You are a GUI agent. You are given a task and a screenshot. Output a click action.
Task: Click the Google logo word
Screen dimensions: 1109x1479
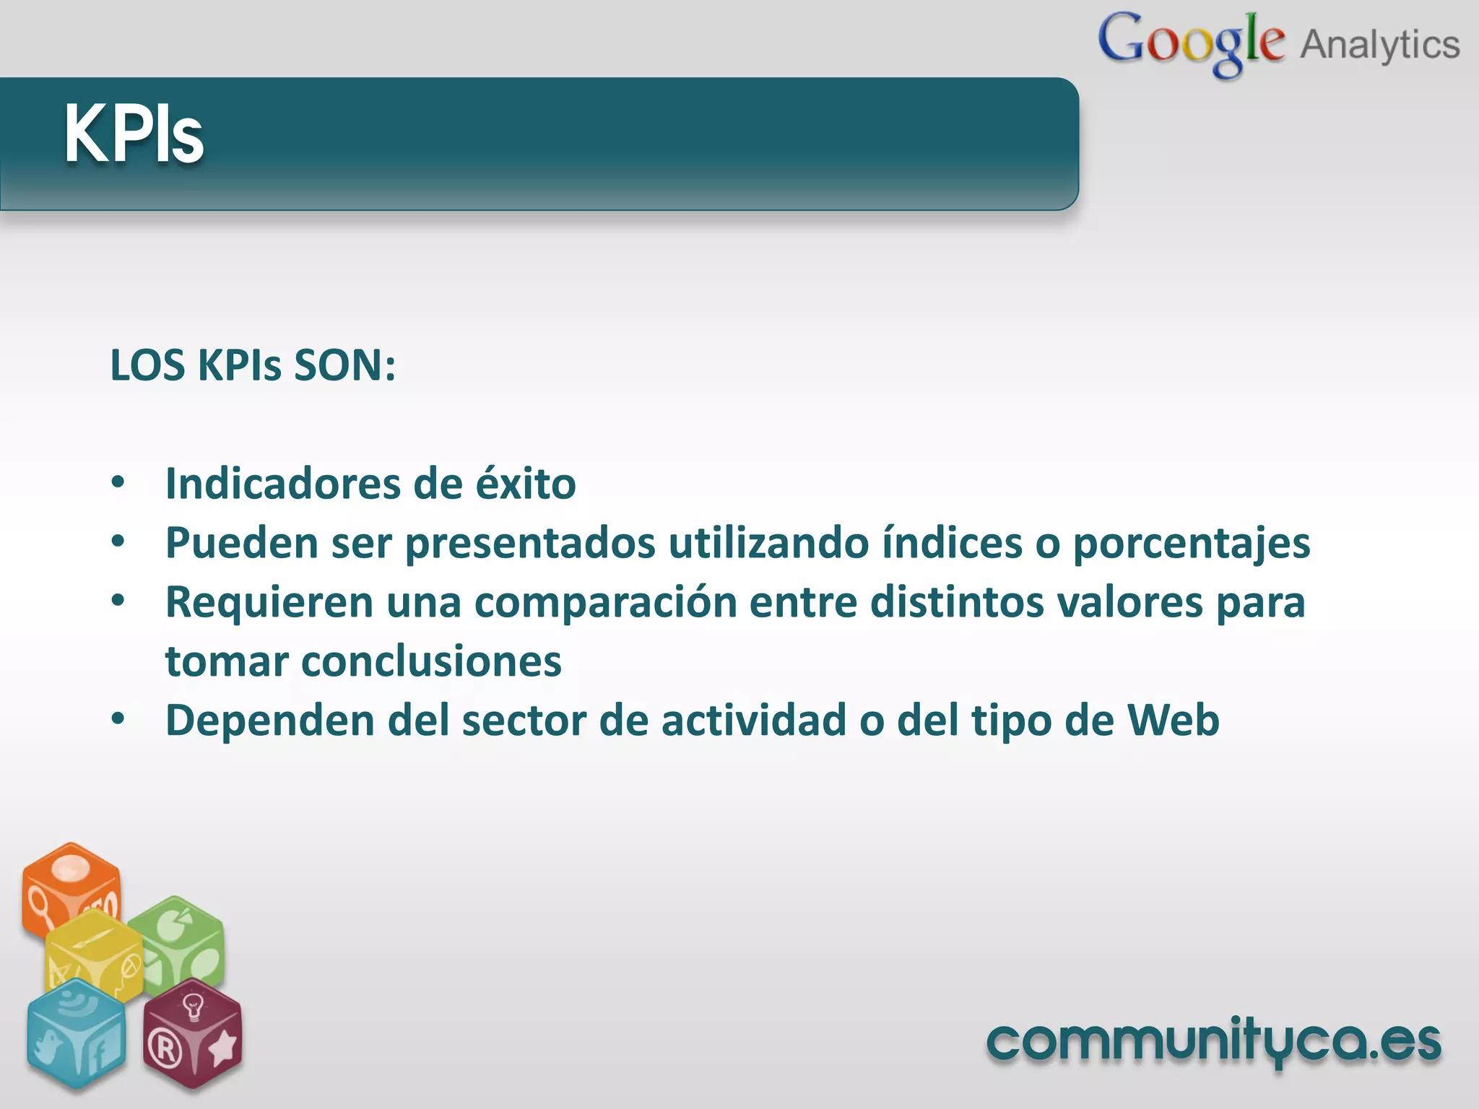1191,42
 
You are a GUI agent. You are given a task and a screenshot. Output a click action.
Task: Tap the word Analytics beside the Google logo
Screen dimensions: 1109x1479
1380,45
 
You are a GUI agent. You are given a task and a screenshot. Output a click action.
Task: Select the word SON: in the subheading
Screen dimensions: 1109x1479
344,365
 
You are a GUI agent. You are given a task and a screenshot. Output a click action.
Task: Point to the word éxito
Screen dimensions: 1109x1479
525,484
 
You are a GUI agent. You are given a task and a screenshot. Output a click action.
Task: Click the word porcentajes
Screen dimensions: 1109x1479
1191,543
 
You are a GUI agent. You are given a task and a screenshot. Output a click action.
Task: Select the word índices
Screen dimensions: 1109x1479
952,543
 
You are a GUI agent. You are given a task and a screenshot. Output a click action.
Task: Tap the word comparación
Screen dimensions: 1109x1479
605,602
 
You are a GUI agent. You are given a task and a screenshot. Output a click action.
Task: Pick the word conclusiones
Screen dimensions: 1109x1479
431,661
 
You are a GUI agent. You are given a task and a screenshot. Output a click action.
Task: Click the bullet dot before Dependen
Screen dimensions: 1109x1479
118,719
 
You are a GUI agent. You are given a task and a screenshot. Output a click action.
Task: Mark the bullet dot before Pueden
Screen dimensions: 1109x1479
118,542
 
